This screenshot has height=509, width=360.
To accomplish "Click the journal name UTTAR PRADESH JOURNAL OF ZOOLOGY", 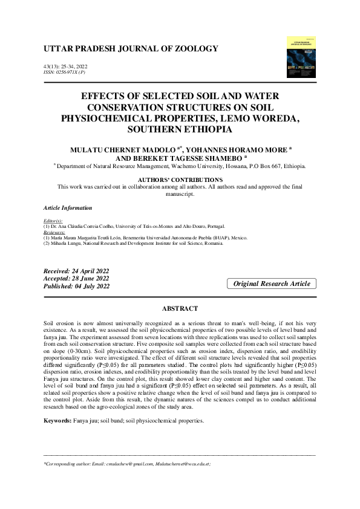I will (131, 48).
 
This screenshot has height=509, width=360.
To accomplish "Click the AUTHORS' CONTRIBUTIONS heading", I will (180, 180).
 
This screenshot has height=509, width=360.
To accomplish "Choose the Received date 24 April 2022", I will (76, 271).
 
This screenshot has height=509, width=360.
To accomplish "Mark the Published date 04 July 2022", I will (77, 286).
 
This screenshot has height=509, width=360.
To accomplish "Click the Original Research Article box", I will (272, 284).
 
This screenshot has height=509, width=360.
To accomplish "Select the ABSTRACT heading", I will (180, 309).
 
